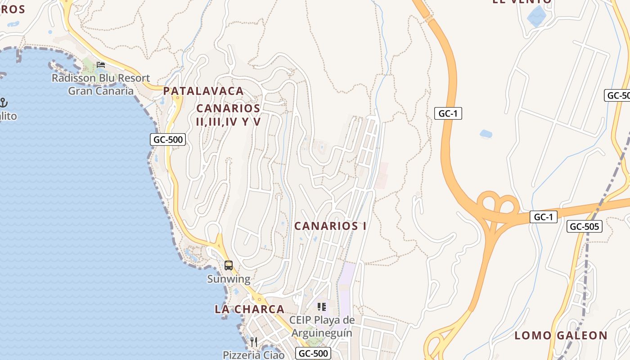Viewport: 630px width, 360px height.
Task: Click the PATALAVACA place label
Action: click(203, 91)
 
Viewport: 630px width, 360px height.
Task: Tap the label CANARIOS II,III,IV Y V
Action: click(229, 115)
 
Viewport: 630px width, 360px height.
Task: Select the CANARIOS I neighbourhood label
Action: click(330, 226)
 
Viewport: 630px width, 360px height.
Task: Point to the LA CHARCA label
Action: click(250, 309)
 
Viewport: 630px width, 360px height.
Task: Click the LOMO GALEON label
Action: click(561, 335)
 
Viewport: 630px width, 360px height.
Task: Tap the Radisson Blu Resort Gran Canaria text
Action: click(101, 84)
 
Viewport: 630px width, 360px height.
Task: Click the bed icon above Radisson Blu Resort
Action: click(101, 65)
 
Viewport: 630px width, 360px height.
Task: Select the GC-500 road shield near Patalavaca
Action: click(168, 139)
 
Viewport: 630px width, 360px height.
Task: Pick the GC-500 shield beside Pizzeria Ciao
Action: click(313, 353)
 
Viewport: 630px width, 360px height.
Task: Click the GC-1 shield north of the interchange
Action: click(448, 113)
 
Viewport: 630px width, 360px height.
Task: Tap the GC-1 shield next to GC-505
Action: click(543, 217)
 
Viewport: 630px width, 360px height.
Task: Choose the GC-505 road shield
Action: click(584, 226)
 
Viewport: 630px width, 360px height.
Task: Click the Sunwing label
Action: click(229, 279)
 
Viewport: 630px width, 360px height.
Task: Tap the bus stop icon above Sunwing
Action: click(229, 265)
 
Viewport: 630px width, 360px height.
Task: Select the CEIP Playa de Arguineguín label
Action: click(322, 327)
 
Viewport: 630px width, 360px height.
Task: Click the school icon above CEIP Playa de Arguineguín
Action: click(322, 307)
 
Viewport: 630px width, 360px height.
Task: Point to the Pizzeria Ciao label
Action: click(254, 355)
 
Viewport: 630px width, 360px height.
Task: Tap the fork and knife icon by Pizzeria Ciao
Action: click(254, 342)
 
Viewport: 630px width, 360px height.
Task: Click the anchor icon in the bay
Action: click(4, 103)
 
